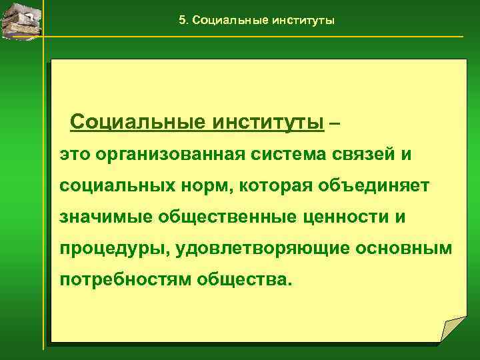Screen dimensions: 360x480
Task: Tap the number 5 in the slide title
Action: [x=183, y=20]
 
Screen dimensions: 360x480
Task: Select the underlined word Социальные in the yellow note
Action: [x=137, y=123]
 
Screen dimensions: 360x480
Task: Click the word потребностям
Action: [x=125, y=279]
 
